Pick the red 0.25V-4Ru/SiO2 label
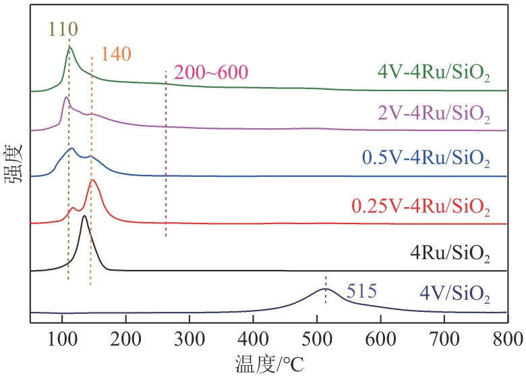(420, 205)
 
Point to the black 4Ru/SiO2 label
(450, 254)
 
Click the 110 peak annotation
(63, 29)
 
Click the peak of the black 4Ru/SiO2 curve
(84, 215)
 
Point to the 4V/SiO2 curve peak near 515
(326, 289)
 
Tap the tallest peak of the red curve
(94, 180)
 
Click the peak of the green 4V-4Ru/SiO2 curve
(69, 47)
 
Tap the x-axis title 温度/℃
(269, 363)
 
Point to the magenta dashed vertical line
(166, 155)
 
